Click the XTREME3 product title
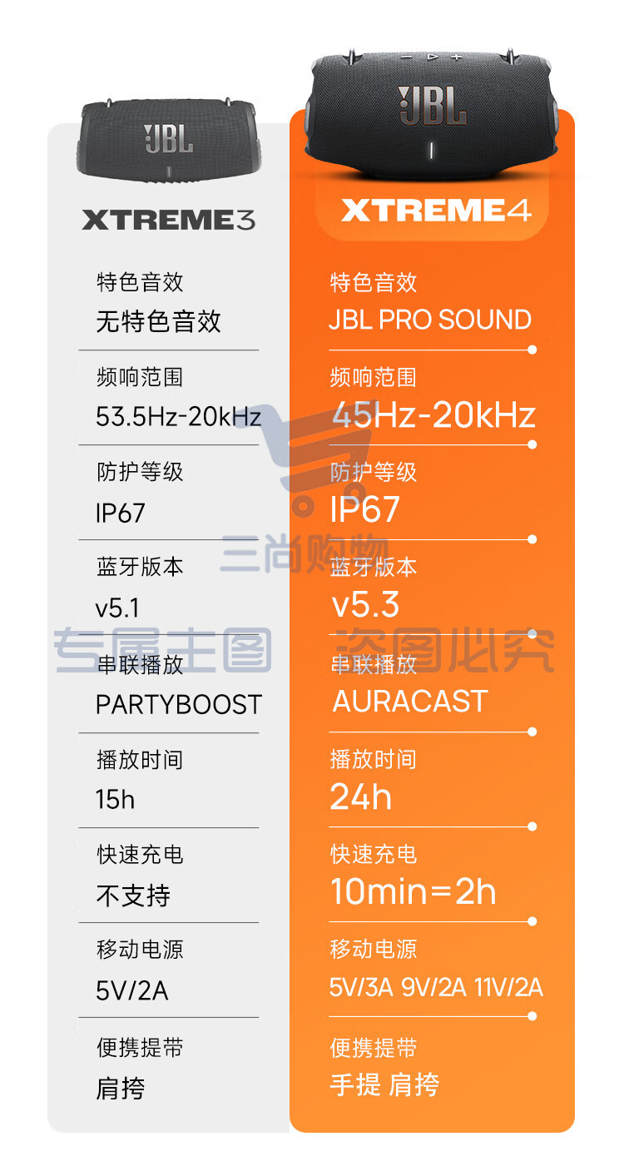point(168,220)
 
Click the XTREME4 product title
point(436,210)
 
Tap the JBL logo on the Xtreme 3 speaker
point(168,139)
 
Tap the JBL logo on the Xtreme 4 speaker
point(432,106)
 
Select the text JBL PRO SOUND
point(430,320)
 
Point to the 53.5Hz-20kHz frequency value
point(178,417)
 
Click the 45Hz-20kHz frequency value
point(434,414)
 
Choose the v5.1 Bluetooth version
point(117,608)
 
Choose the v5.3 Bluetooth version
point(366,604)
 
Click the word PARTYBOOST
point(179,705)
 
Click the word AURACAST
point(410,701)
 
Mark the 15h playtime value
point(115,799)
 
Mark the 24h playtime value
point(360,796)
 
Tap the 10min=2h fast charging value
point(413,891)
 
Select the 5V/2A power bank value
point(132,990)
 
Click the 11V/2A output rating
point(508,987)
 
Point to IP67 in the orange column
point(364,509)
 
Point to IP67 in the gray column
point(120,513)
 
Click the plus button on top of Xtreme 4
point(457,57)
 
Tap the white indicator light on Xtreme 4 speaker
point(432,151)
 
